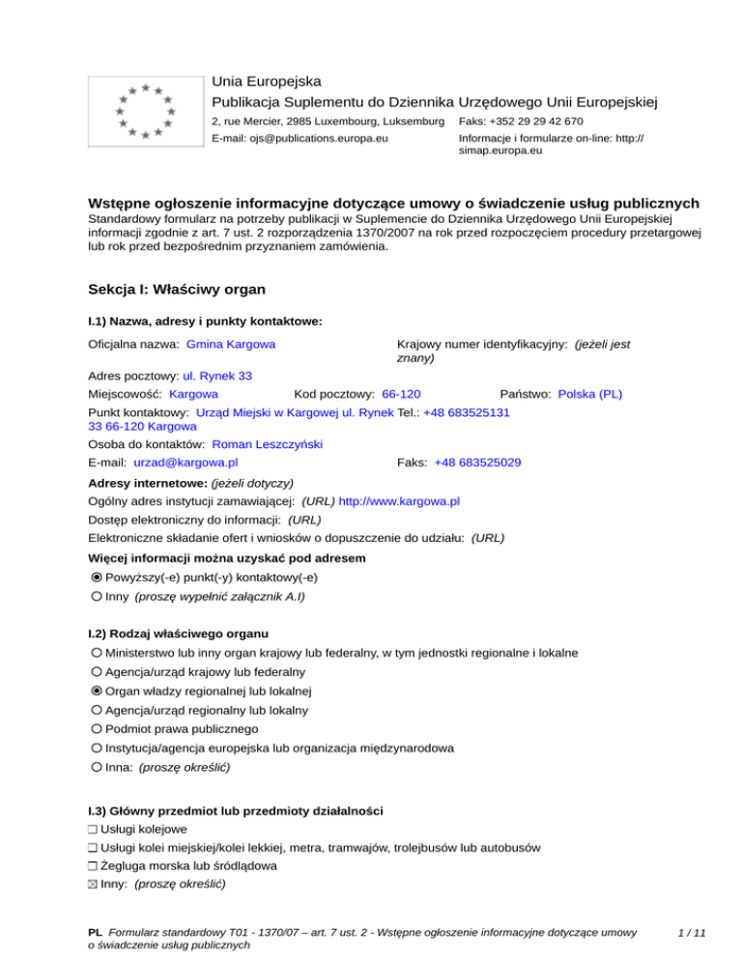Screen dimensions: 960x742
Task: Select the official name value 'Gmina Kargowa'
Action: coord(231,344)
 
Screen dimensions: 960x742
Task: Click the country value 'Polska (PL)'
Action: coord(590,394)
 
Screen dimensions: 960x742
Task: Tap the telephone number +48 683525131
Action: coord(467,411)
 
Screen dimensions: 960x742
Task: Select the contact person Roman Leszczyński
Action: coord(267,444)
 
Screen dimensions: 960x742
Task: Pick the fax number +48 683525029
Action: coord(477,463)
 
